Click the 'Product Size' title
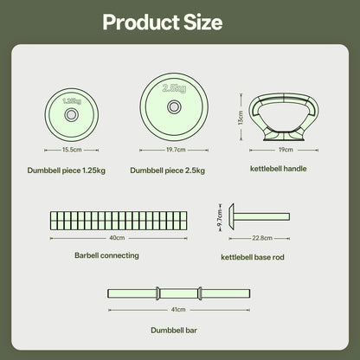163,22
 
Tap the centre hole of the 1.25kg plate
71,115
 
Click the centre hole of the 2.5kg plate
174,107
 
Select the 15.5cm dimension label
72,150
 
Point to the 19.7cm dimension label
176,150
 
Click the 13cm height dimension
241,118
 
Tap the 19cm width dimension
286,150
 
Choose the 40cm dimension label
117,238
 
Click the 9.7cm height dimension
220,218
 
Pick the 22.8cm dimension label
262,238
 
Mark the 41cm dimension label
178,310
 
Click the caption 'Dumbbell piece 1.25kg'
67,170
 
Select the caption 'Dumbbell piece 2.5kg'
168,170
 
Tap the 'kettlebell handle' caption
279,169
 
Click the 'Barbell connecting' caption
106,255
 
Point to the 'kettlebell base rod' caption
253,257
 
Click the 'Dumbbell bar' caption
174,331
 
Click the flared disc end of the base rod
231,216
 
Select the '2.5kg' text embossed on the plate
174,88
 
